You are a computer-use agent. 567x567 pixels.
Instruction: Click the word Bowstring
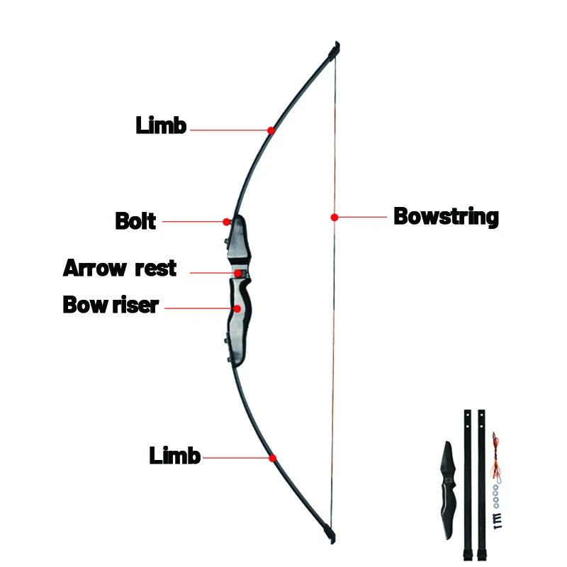(x=446, y=216)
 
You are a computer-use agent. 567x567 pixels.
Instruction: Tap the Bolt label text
(x=135, y=220)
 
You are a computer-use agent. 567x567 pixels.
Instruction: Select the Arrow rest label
(x=120, y=269)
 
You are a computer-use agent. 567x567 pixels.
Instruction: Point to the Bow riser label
(x=111, y=305)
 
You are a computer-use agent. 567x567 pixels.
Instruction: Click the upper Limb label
(x=161, y=126)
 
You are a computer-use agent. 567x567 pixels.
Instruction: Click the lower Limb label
(x=174, y=456)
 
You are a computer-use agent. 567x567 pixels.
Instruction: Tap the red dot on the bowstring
(x=334, y=217)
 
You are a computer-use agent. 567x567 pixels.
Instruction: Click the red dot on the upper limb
(x=271, y=130)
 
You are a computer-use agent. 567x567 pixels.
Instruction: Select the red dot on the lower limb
(x=272, y=459)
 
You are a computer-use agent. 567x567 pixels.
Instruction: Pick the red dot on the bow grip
(x=237, y=309)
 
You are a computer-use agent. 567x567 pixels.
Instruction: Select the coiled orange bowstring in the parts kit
(x=495, y=454)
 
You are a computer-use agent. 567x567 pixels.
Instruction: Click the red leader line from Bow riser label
(x=198, y=308)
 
